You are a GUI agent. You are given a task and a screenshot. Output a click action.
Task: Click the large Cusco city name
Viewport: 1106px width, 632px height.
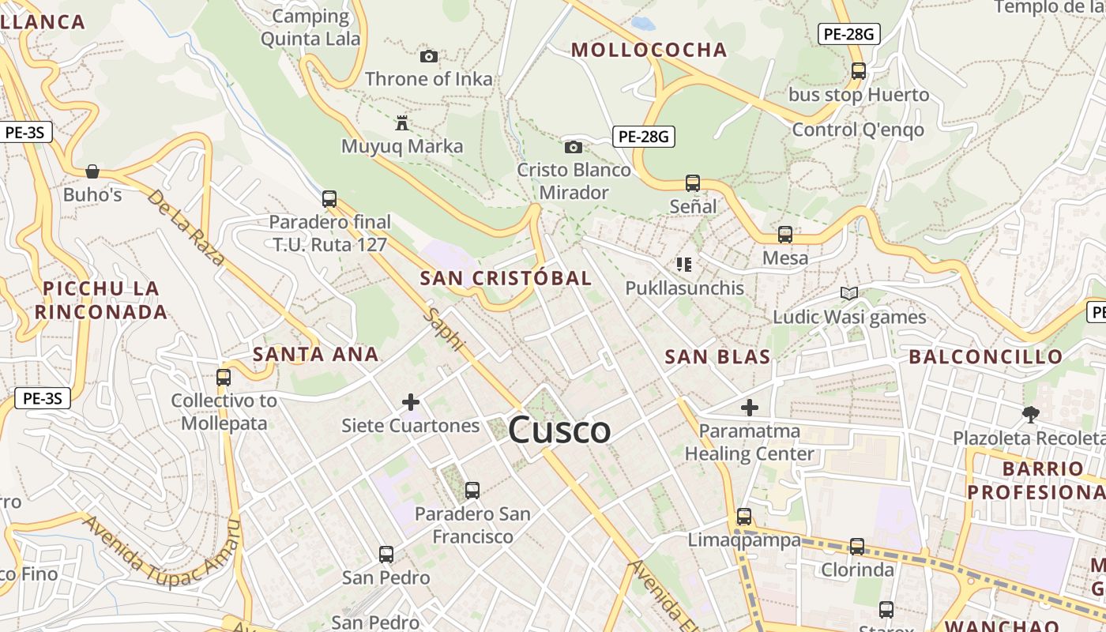click(559, 431)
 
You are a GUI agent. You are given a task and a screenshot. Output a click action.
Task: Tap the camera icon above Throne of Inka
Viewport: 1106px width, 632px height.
click(429, 56)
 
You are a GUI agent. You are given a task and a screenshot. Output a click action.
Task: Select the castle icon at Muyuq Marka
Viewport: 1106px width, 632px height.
click(402, 123)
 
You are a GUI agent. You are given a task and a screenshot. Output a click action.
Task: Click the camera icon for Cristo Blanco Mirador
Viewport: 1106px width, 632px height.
click(574, 147)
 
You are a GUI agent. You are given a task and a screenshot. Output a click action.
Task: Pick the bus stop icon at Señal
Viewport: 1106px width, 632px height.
click(693, 183)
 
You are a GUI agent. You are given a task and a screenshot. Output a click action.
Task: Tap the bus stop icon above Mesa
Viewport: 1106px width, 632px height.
click(784, 235)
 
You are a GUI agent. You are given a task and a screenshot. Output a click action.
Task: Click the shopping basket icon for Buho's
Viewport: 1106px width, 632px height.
click(92, 171)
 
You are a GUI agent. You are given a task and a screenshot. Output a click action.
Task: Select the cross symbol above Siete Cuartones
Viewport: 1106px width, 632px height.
click(411, 402)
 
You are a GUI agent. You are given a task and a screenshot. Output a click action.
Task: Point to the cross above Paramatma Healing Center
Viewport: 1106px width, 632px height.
click(749, 408)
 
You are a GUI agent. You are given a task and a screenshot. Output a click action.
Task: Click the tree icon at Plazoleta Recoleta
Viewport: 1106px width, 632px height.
click(1030, 414)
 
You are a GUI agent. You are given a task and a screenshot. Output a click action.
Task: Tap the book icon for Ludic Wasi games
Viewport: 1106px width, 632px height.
click(849, 294)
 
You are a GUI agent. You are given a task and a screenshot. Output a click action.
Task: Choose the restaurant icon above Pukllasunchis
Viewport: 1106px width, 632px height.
click(684, 265)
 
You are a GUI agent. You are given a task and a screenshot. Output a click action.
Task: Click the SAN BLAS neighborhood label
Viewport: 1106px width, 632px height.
click(717, 356)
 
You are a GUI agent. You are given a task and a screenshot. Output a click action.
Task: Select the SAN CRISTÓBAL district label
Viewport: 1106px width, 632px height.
click(506, 278)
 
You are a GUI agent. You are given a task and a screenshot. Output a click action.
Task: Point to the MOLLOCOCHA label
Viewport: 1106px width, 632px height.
click(649, 50)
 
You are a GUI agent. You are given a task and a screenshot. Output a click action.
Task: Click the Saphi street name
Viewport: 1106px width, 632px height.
click(444, 329)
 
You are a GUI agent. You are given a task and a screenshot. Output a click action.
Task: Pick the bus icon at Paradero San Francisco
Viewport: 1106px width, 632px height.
click(472, 491)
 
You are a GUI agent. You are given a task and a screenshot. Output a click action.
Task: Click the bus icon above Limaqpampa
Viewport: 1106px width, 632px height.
click(744, 517)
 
